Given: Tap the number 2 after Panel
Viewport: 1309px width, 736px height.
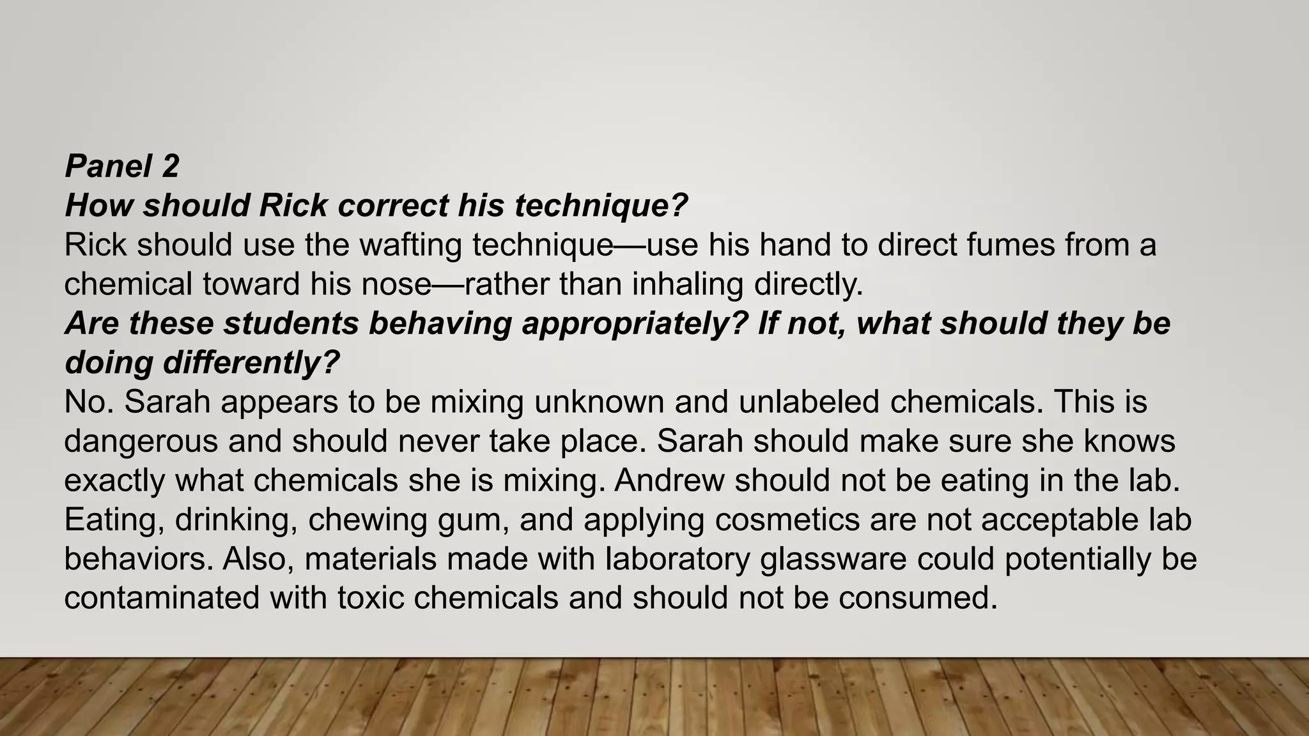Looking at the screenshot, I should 170,166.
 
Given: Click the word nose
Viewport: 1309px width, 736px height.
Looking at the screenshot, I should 396,284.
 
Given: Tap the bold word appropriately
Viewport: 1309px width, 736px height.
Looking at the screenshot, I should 635,323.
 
